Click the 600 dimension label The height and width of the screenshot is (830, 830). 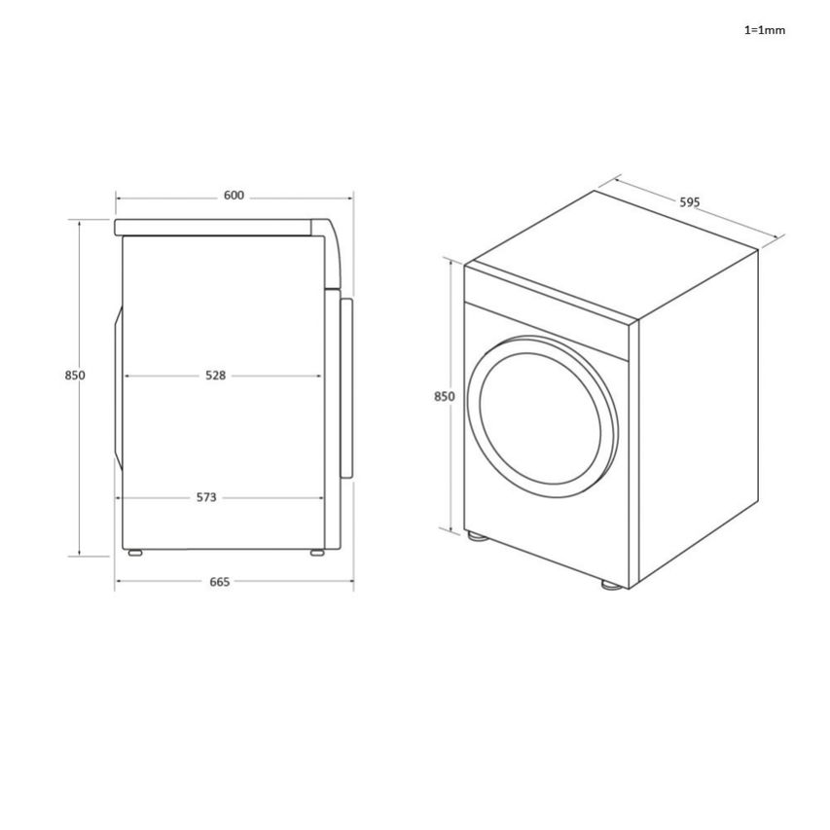point(234,196)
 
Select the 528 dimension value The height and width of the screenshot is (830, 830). point(215,376)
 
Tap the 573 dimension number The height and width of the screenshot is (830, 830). point(206,497)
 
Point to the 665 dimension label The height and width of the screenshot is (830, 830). point(220,582)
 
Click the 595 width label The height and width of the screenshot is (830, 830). point(689,202)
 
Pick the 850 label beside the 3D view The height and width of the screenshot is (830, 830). point(444,397)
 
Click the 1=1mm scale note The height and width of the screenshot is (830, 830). point(764,30)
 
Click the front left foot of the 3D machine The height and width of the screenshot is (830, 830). point(477,535)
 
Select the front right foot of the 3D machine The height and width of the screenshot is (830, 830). point(610,585)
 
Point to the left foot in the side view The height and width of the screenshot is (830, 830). point(134,553)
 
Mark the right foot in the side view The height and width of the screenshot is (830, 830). point(317,553)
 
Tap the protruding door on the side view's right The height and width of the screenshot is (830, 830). point(344,389)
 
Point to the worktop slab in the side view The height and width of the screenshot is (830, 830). point(214,228)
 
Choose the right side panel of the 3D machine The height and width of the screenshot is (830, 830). point(696,418)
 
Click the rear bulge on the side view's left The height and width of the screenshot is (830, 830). point(119,389)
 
